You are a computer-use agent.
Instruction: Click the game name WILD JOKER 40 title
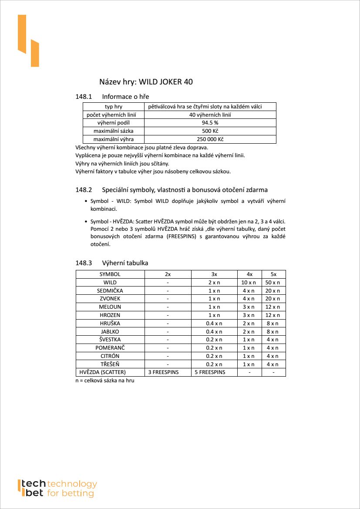click(x=146, y=82)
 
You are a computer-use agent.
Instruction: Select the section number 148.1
click(x=84, y=96)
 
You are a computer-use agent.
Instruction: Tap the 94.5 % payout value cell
click(x=210, y=123)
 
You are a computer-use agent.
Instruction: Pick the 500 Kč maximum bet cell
click(x=210, y=131)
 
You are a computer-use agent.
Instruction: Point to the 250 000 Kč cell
click(x=210, y=139)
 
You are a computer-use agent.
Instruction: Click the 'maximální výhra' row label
click(x=113, y=139)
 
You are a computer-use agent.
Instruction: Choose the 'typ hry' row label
click(x=113, y=107)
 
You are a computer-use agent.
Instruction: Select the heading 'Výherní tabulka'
click(x=125, y=263)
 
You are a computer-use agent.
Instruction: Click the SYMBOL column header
click(x=110, y=274)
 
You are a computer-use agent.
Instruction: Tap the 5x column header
click(x=273, y=274)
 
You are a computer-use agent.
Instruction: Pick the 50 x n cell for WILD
click(x=273, y=283)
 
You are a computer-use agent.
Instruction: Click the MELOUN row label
click(x=110, y=307)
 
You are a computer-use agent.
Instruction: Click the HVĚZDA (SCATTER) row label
click(x=103, y=372)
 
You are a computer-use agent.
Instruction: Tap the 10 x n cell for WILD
click(x=249, y=283)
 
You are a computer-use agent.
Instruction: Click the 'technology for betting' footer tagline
click(x=71, y=489)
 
